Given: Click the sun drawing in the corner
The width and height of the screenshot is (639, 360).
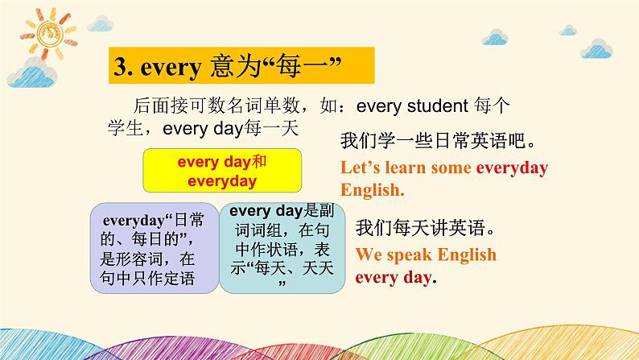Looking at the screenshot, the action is pyautogui.click(x=49, y=33).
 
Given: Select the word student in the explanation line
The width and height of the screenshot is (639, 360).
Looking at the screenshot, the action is pyautogui.click(x=438, y=106).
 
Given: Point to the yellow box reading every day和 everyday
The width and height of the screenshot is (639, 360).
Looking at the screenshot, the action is pyautogui.click(x=222, y=171).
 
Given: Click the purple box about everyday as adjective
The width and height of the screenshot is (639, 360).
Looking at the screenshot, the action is pyautogui.click(x=155, y=248).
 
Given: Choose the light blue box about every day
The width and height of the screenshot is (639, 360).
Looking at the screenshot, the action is pyautogui.click(x=282, y=248).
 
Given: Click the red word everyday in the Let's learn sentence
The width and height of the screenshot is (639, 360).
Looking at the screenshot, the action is pyautogui.click(x=512, y=168).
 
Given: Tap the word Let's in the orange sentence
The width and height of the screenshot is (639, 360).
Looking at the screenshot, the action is pyautogui.click(x=361, y=168).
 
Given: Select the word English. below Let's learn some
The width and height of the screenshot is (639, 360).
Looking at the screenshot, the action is pyautogui.click(x=373, y=190).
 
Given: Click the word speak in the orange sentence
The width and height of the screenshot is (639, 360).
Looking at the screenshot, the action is pyautogui.click(x=410, y=255).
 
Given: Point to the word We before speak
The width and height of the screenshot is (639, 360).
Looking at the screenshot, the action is pyautogui.click(x=369, y=254).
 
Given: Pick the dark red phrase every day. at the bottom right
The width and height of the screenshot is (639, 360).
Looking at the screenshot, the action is pyautogui.click(x=396, y=278).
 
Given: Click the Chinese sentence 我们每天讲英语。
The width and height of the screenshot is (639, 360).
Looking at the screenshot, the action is pyautogui.click(x=425, y=227).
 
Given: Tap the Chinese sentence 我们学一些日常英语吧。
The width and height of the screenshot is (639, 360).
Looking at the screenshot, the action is pyautogui.click(x=438, y=141).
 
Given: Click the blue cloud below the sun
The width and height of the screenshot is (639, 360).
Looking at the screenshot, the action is pyautogui.click(x=32, y=75).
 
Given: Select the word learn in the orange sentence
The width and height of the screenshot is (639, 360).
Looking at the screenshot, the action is pyautogui.click(x=406, y=168).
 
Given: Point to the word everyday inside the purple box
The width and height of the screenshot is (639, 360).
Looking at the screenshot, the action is pyautogui.click(x=134, y=221).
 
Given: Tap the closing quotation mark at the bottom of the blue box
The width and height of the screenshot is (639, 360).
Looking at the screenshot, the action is pyautogui.click(x=282, y=283).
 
